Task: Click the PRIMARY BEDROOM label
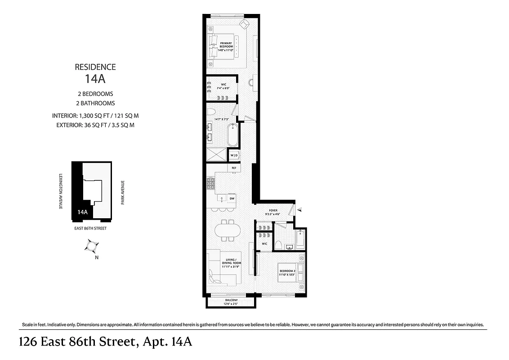coord(226,46)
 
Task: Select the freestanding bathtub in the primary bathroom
coord(232,134)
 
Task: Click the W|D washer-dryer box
coord(234,155)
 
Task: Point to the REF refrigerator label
coord(233,168)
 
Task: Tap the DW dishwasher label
coord(232,198)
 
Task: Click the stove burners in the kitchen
coord(210,183)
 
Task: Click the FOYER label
coord(273,211)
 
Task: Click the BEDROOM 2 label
coord(288,272)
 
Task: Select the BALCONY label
coord(231,302)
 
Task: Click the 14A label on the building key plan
coord(82,212)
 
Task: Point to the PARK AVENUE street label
coord(122,193)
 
